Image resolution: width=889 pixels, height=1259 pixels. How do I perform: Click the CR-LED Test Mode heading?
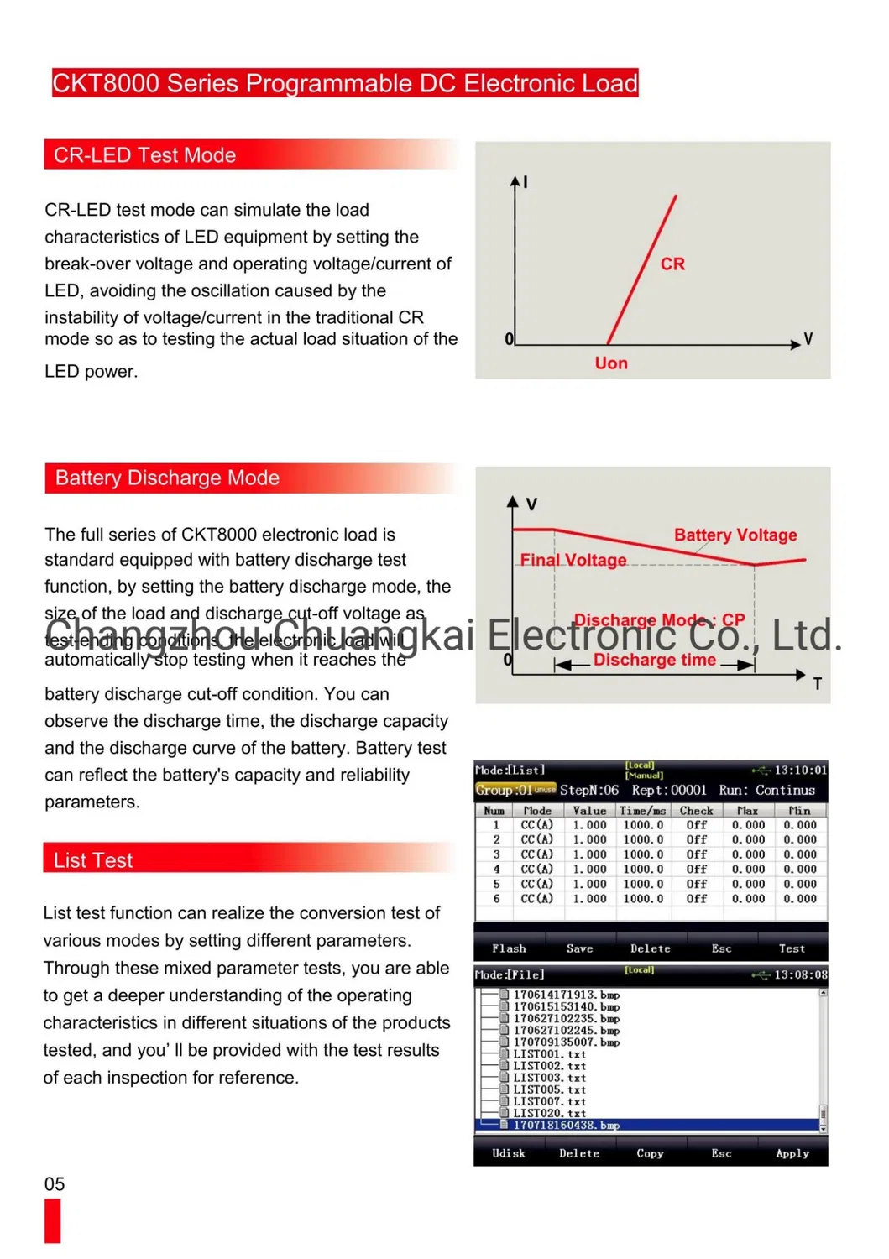pos(144,155)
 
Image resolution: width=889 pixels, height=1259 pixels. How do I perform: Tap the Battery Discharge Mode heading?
pos(167,478)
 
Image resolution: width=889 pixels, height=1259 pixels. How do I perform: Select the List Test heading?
pos(93,860)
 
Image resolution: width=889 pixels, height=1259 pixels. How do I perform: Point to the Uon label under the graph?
pos(611,363)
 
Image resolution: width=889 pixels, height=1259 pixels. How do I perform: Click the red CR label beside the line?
pos(672,264)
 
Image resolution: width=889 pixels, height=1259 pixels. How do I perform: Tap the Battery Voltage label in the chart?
pos(735,535)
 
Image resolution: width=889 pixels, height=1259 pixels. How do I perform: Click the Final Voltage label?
pos(573,560)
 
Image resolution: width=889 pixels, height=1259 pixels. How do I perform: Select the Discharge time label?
pos(655,660)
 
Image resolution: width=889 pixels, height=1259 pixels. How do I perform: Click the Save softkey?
pos(579,948)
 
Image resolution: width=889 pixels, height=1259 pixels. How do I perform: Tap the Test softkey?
pos(792,948)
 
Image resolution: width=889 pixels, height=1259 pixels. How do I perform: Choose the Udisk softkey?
pos(509,1153)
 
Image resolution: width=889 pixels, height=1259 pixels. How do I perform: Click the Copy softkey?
pos(650,1153)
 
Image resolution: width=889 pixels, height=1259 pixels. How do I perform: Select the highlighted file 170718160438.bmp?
pos(567,1125)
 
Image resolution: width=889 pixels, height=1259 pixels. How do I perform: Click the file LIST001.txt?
pos(550,1054)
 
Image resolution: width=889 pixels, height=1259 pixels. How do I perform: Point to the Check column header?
pos(696,811)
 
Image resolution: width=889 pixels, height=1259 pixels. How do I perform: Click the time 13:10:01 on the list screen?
pos(800,770)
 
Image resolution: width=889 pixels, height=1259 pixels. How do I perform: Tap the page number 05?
pos(55,1184)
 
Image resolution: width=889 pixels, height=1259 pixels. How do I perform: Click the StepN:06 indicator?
pos(589,791)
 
